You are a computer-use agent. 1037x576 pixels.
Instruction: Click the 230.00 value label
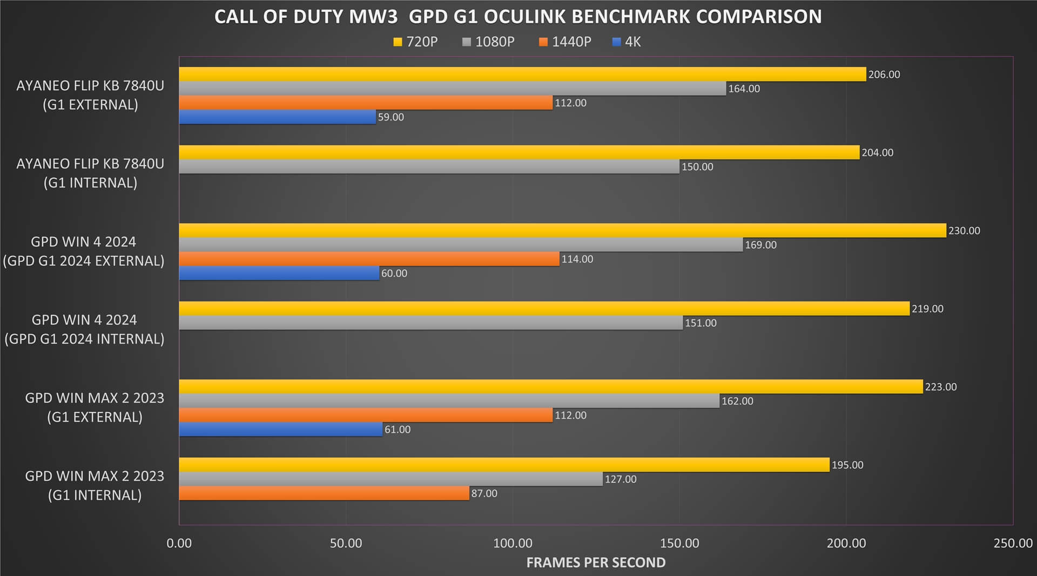[964, 231]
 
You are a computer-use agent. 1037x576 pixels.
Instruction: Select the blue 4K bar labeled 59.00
[277, 117]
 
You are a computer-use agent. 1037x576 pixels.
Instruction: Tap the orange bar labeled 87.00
[324, 493]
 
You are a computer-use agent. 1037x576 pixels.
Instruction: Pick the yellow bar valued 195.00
[503, 465]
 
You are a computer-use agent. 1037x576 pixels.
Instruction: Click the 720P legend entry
[415, 42]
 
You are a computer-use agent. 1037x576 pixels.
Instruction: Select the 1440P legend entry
[565, 42]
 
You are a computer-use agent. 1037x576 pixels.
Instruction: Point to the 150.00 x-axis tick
[679, 543]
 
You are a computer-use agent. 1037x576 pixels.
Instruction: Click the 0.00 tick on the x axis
[179, 543]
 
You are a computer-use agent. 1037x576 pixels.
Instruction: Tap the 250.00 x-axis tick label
[1013, 543]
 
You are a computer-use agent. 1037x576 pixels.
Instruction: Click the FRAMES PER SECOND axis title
[596, 562]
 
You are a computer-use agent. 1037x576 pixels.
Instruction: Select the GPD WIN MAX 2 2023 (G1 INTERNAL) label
[95, 485]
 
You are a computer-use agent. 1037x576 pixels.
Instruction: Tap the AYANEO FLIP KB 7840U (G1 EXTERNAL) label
[90, 95]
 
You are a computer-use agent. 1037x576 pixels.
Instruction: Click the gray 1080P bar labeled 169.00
[460, 245]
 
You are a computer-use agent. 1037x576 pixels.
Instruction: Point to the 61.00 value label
[397, 430]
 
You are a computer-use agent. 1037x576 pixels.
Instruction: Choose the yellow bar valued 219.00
[544, 309]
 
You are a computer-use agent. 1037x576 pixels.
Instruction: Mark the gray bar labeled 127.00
[390, 479]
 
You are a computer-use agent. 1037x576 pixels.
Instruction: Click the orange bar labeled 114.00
[369, 259]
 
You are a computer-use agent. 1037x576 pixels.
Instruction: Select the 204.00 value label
[877, 153]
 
